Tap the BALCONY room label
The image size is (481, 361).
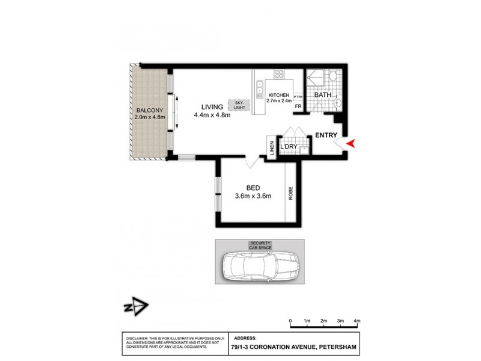point(148,110)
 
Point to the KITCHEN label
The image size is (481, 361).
point(279,95)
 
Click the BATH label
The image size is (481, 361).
point(322,95)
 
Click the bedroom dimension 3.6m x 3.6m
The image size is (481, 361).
point(253,196)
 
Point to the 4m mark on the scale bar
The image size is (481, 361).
point(357,321)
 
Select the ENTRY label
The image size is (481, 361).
point(326,135)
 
